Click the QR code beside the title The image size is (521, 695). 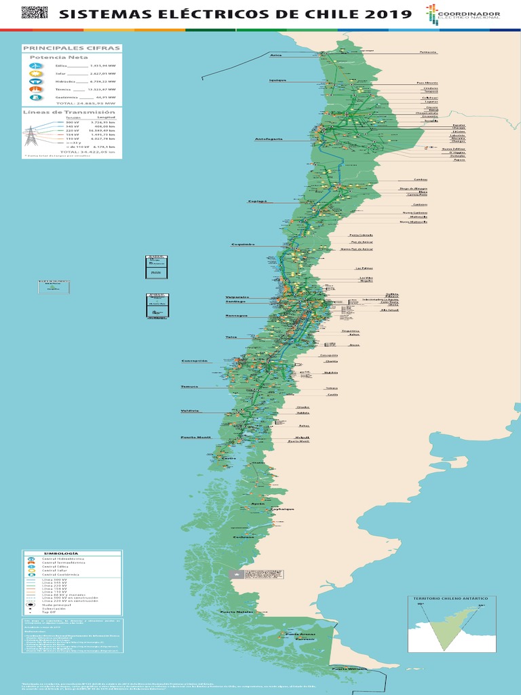point(35,12)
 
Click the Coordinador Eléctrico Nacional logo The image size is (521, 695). point(463,15)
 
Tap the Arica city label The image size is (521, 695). point(275,55)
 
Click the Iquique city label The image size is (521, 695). point(277,80)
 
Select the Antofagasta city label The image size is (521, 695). point(268,139)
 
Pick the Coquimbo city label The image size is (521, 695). point(242,244)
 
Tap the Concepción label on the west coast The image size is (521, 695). point(194,361)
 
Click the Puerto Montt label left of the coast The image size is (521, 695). point(195,437)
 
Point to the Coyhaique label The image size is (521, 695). point(282,508)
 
